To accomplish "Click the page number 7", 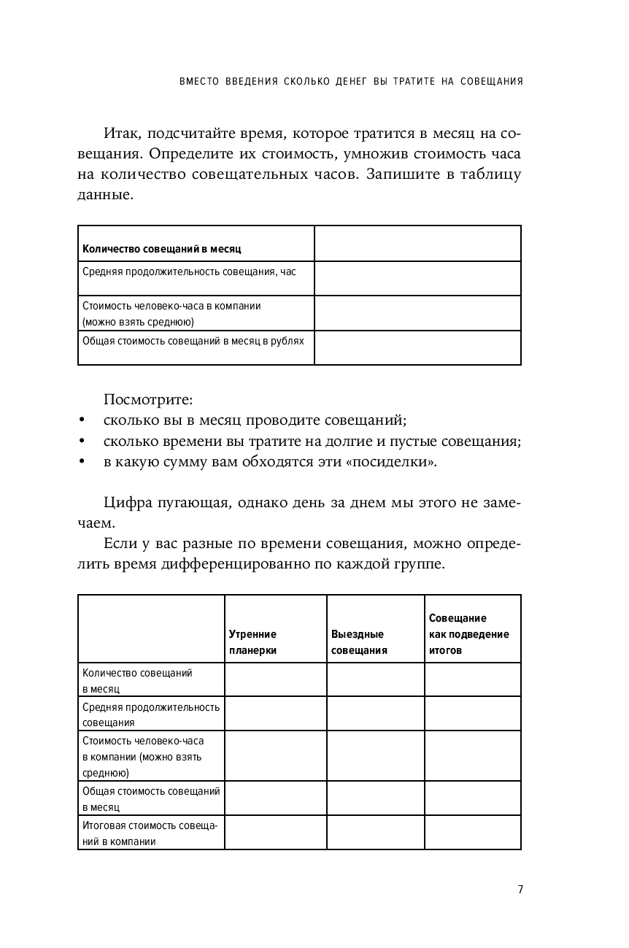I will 520,889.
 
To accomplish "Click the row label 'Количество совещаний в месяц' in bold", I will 162,249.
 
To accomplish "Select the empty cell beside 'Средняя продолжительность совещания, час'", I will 417,278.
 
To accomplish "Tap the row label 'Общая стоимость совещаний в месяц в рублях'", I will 193,340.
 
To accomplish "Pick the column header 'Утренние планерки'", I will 253,642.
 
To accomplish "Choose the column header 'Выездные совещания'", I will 359,642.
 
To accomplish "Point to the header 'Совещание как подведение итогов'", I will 469,634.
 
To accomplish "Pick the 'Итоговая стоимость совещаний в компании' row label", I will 150,833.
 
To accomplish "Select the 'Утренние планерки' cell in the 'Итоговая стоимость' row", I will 275,833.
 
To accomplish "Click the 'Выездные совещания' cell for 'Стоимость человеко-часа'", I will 375,756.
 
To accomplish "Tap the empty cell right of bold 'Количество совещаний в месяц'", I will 417,243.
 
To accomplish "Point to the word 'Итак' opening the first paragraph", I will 120,134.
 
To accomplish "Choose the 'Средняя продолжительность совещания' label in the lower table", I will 151,714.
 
